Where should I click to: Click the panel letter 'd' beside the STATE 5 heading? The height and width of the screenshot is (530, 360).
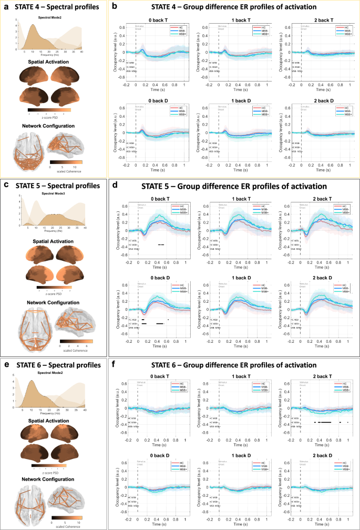click(115, 186)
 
